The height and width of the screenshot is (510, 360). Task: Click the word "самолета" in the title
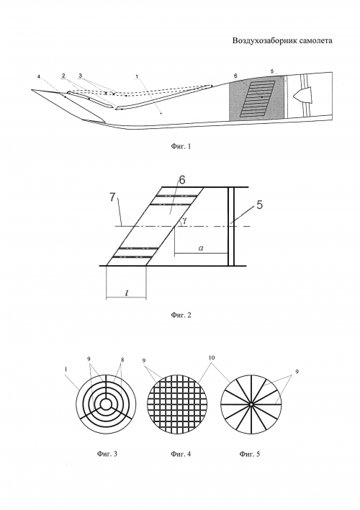(x=316, y=40)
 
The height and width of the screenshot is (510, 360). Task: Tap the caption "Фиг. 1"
(x=181, y=146)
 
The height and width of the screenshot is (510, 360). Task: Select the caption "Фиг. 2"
(x=181, y=315)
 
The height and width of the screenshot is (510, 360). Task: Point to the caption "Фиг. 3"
(x=107, y=453)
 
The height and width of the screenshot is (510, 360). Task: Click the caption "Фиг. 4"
(x=181, y=453)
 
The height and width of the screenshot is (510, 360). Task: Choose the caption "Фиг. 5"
(x=250, y=453)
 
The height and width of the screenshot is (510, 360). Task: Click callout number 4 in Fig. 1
(x=39, y=76)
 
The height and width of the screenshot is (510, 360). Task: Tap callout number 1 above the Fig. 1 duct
(x=138, y=76)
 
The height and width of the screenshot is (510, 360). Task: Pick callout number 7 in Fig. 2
(x=112, y=197)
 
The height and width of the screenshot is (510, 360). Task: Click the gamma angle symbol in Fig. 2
(x=184, y=220)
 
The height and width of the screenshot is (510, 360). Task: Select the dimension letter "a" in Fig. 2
(x=201, y=249)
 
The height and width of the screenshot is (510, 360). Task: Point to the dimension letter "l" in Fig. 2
(x=127, y=292)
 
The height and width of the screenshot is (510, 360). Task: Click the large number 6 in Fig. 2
(x=182, y=180)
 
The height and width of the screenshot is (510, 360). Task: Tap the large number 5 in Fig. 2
(x=259, y=205)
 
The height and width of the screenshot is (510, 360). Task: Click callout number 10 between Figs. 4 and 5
(x=212, y=358)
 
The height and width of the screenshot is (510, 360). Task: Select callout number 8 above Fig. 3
(x=122, y=360)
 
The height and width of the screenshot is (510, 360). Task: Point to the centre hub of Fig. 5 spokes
(x=251, y=404)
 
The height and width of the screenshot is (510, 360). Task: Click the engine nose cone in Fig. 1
(x=302, y=95)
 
